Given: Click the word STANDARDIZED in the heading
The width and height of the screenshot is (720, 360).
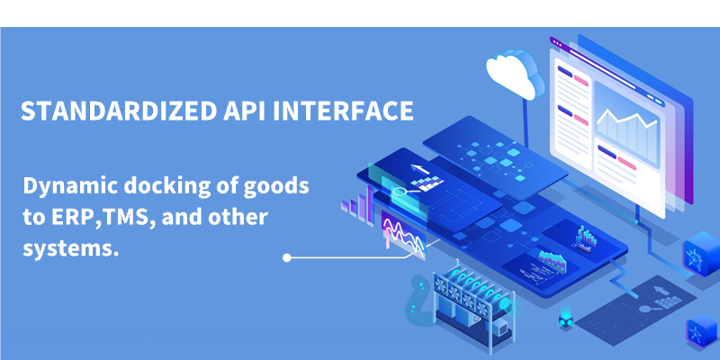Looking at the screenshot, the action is click(118, 111).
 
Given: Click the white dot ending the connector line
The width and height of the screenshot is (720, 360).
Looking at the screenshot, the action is click(287, 257).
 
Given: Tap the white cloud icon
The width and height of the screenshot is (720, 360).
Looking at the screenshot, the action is click(513, 74).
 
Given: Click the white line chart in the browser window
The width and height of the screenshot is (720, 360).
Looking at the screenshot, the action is click(627, 120).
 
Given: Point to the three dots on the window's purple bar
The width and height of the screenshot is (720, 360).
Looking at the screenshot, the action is click(557, 42).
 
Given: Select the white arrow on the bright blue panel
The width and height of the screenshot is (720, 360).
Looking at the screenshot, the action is click(420, 169).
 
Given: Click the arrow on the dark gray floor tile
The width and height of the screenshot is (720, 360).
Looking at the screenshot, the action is click(661, 290).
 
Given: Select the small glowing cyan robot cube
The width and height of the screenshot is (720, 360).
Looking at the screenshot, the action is click(566, 321).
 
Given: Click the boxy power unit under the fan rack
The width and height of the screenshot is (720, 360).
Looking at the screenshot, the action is click(499, 328).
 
